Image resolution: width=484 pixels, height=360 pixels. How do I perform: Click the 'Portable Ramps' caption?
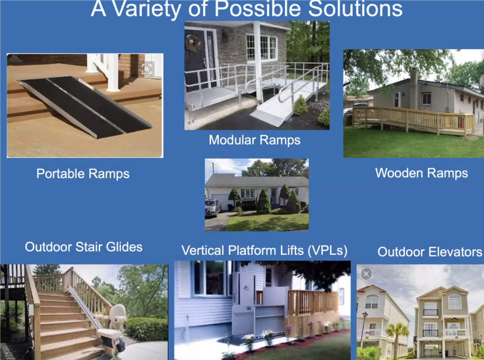[x=83, y=174]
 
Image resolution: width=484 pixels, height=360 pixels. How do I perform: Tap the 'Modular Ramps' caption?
[x=255, y=140]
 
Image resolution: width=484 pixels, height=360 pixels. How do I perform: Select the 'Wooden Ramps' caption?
[x=421, y=173]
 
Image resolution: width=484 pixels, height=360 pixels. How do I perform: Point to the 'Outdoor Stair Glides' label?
[x=84, y=247]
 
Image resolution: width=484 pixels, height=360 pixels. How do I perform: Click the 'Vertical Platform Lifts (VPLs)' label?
[x=264, y=251]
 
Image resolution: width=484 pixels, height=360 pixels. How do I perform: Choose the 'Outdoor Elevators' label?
[x=430, y=252]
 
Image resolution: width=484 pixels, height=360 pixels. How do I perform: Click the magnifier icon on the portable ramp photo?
[x=147, y=69]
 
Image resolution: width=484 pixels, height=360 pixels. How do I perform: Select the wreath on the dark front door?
[x=193, y=43]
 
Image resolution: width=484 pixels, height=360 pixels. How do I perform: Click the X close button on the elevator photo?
[x=366, y=274]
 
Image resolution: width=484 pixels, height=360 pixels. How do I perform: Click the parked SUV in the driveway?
[x=213, y=208]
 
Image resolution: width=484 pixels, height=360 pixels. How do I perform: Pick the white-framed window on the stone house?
[x=261, y=48]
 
